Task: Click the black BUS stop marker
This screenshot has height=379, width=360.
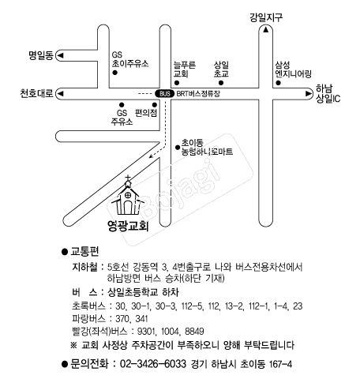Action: [165, 94]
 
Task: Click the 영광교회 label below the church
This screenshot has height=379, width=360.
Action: [128, 226]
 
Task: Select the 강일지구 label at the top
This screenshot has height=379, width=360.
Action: [266, 17]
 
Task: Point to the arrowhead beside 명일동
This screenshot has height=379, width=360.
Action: [61, 55]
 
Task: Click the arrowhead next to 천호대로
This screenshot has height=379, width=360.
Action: [61, 94]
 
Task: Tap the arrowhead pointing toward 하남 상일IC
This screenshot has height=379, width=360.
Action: [308, 94]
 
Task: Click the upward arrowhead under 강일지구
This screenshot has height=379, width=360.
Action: [266, 30]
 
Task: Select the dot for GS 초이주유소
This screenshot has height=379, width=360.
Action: [114, 73]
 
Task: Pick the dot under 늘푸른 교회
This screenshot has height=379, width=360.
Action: [177, 83]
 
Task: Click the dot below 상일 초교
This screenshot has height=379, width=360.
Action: [221, 83]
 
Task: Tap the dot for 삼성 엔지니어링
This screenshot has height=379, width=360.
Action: [278, 83]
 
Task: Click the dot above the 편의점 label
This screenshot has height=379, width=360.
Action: [155, 105]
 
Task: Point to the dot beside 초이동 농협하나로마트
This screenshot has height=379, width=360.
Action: [178, 148]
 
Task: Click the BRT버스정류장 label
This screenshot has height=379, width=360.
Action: [198, 94]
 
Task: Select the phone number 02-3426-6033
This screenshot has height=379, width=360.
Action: [153, 364]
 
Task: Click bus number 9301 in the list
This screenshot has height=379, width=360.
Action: [147, 331]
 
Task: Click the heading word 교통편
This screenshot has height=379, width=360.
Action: [84, 252]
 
